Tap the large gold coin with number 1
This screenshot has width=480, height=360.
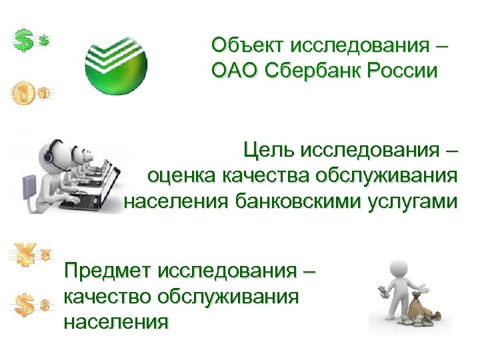click(x=23, y=94)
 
